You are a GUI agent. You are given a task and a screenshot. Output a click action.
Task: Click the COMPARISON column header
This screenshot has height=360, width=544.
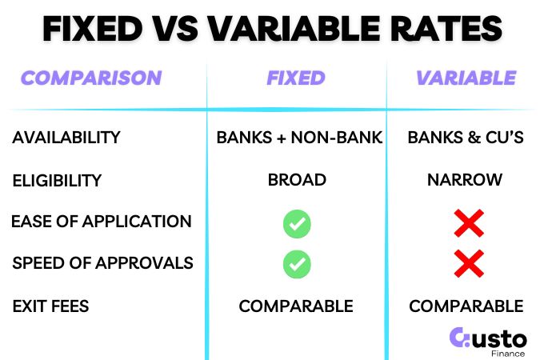[91, 78]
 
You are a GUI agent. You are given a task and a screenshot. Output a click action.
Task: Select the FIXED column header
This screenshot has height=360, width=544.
[296, 78]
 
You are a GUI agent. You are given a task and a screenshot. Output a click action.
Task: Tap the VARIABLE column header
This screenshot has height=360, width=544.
[466, 78]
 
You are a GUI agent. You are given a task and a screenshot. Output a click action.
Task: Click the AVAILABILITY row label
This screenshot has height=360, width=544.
[66, 138]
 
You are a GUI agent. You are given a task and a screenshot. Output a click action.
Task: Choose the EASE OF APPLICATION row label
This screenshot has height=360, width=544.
[102, 222]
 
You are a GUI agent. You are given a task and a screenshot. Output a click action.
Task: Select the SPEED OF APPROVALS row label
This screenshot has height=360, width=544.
[102, 263]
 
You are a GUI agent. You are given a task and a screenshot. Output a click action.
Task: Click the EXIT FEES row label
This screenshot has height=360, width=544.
[51, 305]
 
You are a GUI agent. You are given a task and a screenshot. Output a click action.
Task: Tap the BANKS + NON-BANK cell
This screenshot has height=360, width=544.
[299, 138]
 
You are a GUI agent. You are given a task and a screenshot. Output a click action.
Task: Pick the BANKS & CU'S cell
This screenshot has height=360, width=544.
[466, 138]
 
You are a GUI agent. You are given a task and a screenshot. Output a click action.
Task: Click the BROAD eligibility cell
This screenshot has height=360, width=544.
[297, 180]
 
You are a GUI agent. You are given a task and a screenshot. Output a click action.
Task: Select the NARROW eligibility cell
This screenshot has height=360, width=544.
[466, 180]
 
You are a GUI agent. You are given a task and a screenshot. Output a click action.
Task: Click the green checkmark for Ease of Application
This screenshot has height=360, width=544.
[297, 224]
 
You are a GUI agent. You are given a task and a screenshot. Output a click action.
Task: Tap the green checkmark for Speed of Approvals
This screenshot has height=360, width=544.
[297, 262]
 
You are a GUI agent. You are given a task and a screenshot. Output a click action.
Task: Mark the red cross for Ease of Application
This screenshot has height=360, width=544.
[469, 224]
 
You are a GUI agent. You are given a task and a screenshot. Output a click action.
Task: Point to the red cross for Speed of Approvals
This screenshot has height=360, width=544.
[469, 262]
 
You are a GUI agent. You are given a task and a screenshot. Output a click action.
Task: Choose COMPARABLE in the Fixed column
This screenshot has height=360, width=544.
[296, 306]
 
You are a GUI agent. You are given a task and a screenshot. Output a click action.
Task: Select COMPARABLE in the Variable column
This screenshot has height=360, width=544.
[466, 306]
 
